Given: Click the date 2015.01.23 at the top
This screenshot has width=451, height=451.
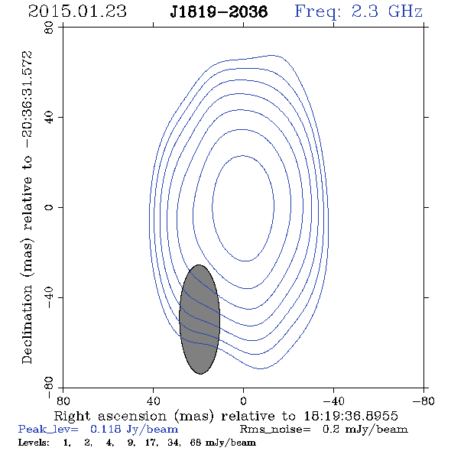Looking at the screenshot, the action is point(77,11).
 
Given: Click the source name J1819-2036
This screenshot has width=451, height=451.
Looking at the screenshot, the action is point(219,11).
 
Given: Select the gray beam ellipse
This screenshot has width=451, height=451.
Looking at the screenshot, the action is point(200,320).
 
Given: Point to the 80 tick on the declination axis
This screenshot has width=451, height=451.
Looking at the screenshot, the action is point(49,28).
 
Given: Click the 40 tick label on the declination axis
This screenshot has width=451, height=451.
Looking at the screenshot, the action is point(49,118).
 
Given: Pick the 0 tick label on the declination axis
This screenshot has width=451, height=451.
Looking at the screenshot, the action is point(49,207).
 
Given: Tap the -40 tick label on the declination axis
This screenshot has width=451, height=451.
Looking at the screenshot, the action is point(49,297).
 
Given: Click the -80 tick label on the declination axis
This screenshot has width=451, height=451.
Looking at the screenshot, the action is point(49,388).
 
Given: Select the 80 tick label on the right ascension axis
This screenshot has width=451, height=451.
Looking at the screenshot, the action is point(63,401).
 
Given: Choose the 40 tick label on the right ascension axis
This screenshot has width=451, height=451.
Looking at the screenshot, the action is point(153,401).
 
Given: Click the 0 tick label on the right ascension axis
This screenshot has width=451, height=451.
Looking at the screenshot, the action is point(243,401).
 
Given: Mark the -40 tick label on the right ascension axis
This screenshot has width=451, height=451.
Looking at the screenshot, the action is point(333,401).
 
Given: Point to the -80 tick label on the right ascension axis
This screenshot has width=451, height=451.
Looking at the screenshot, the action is point(423,401).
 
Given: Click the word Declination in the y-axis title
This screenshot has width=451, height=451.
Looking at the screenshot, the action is point(27,324).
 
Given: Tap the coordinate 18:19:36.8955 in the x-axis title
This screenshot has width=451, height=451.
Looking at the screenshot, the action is point(351,416).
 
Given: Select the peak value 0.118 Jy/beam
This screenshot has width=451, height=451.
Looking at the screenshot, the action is point(134,430).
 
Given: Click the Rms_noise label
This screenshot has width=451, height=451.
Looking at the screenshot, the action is point(275,430).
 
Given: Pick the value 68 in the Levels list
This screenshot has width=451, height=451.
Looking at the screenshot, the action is point(196,442).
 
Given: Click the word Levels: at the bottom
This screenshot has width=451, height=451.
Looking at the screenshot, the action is point(34,442).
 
